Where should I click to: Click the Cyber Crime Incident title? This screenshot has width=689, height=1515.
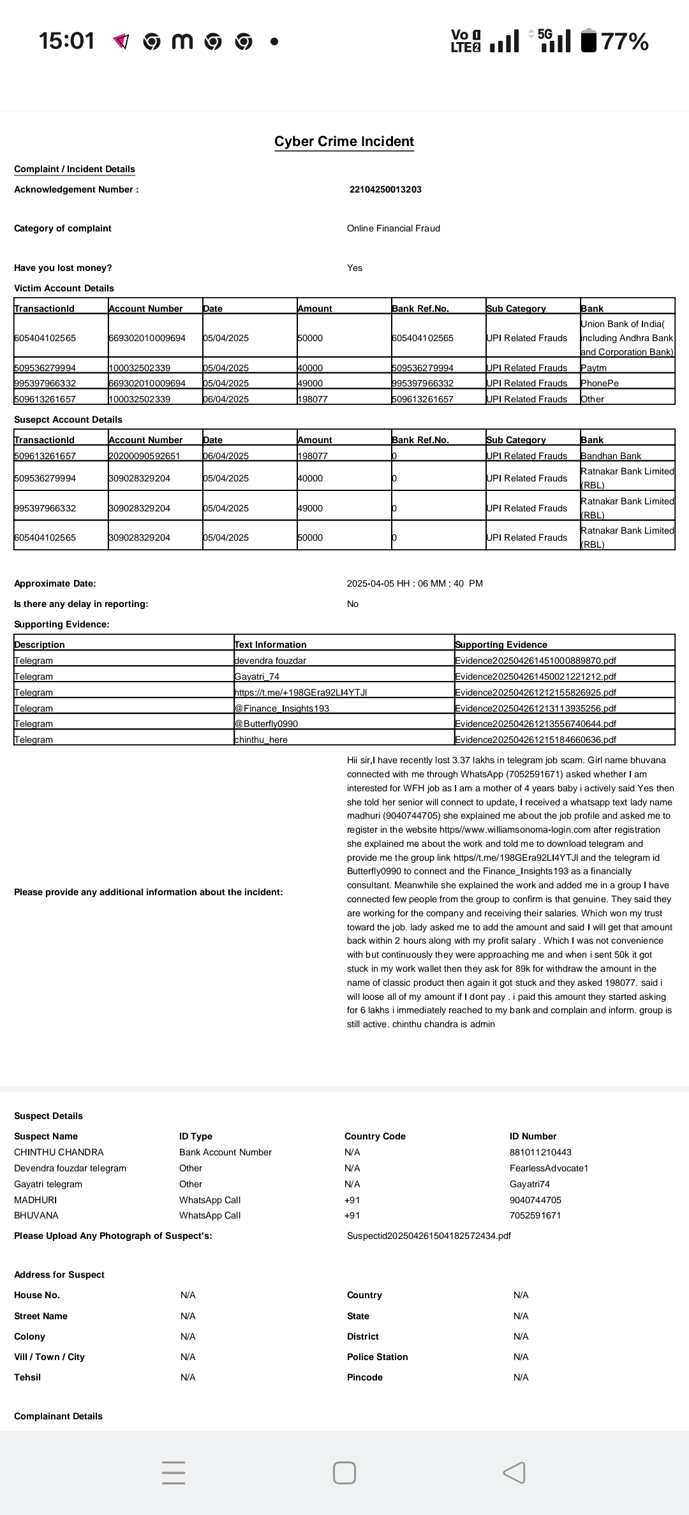(x=344, y=142)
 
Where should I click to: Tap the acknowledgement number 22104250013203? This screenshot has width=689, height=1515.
(x=385, y=189)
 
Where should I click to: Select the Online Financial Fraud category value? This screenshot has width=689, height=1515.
(x=393, y=228)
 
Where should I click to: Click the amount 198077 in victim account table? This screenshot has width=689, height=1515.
(x=313, y=399)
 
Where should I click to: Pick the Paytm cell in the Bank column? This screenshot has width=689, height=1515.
(x=594, y=368)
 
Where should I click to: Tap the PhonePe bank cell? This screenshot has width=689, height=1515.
(x=600, y=383)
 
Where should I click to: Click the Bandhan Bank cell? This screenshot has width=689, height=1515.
(x=611, y=456)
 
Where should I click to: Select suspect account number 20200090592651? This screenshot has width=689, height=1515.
(x=144, y=456)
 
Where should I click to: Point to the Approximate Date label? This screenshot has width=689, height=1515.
(x=55, y=583)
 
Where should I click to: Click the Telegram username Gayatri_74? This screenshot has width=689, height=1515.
(x=257, y=677)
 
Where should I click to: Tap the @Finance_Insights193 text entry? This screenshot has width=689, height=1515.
(x=282, y=708)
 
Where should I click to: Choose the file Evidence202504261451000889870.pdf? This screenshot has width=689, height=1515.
(x=535, y=661)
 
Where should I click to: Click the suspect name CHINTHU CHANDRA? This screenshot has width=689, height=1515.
(x=59, y=1152)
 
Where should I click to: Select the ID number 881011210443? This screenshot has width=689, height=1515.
(x=540, y=1152)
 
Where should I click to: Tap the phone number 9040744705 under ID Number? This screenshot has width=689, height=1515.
(x=535, y=1200)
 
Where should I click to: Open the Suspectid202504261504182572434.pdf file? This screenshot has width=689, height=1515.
(x=429, y=1236)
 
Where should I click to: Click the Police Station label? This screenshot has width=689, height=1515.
(x=377, y=1357)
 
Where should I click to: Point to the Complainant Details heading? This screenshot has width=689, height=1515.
(x=58, y=1416)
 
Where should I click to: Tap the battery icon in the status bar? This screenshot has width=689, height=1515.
(x=589, y=41)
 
